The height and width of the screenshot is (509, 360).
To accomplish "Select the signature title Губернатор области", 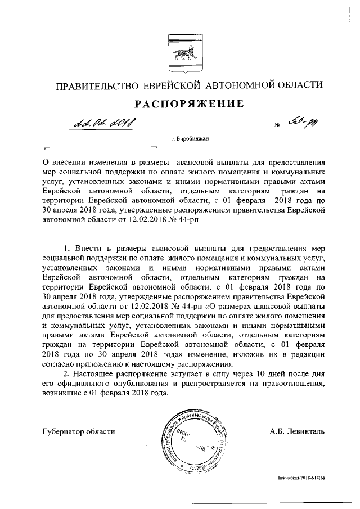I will point(78,431).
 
